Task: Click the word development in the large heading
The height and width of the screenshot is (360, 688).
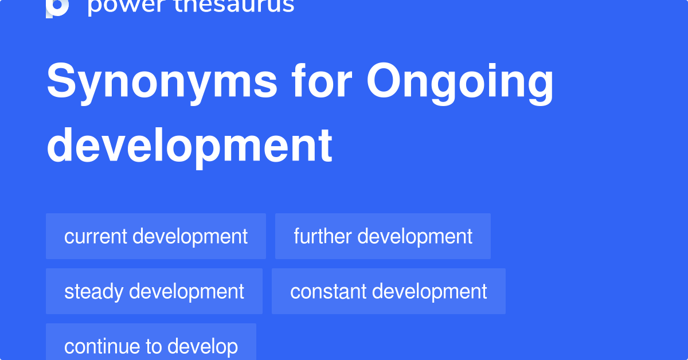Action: pyautogui.click(x=190, y=146)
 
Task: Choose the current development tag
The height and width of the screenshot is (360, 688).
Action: pyautogui.click(x=156, y=236)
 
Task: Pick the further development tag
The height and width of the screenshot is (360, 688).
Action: pyautogui.click(x=383, y=236)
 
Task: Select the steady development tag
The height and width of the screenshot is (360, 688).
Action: pyautogui.click(x=154, y=291)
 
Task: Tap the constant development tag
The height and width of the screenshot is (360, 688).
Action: pyautogui.click(x=389, y=291)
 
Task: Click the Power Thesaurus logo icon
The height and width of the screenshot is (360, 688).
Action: pyautogui.click(x=57, y=7)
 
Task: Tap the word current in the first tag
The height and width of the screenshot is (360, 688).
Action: pyautogui.click(x=95, y=236)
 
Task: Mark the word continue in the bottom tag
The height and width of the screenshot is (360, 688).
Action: pyautogui.click(x=97, y=346)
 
